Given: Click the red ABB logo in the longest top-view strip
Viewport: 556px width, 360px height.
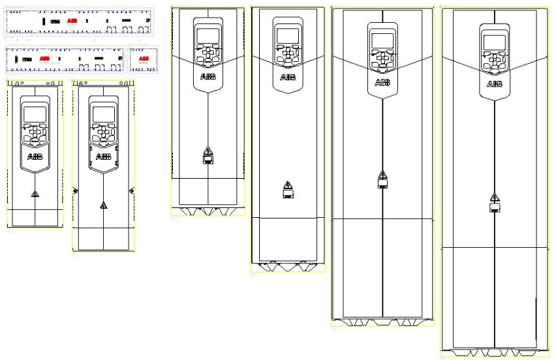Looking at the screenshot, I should (72, 22).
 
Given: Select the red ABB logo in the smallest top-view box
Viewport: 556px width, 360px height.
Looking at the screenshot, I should (144, 59).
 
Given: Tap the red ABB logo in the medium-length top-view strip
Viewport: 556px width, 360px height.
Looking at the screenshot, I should (44, 59).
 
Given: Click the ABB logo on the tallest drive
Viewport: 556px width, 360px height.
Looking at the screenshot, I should (495, 84).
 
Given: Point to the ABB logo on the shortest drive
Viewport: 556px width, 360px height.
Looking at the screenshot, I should (35, 157).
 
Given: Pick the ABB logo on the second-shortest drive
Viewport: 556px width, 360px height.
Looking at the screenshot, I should (103, 157).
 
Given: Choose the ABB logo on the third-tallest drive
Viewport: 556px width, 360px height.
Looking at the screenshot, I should (288, 77).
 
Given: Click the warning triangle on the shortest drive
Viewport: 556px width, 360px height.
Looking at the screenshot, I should (35, 194).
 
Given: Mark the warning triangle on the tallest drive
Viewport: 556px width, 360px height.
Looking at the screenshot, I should (495, 197).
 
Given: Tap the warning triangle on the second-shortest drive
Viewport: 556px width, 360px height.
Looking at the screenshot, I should (103, 205).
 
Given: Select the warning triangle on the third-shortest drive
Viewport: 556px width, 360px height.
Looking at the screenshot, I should (208, 150).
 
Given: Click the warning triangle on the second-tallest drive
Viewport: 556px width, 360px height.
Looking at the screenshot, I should (382, 173).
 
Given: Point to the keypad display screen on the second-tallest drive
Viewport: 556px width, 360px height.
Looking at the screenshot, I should (382, 40).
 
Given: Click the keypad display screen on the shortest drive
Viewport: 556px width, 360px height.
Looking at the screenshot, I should (35, 115).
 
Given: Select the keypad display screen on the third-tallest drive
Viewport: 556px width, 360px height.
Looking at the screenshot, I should (288, 36).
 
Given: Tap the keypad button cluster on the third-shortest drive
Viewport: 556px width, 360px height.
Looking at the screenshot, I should (208, 55).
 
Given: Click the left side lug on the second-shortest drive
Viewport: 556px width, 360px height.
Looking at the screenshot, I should (74, 190).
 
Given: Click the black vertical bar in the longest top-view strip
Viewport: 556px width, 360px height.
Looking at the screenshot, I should (44, 22).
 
